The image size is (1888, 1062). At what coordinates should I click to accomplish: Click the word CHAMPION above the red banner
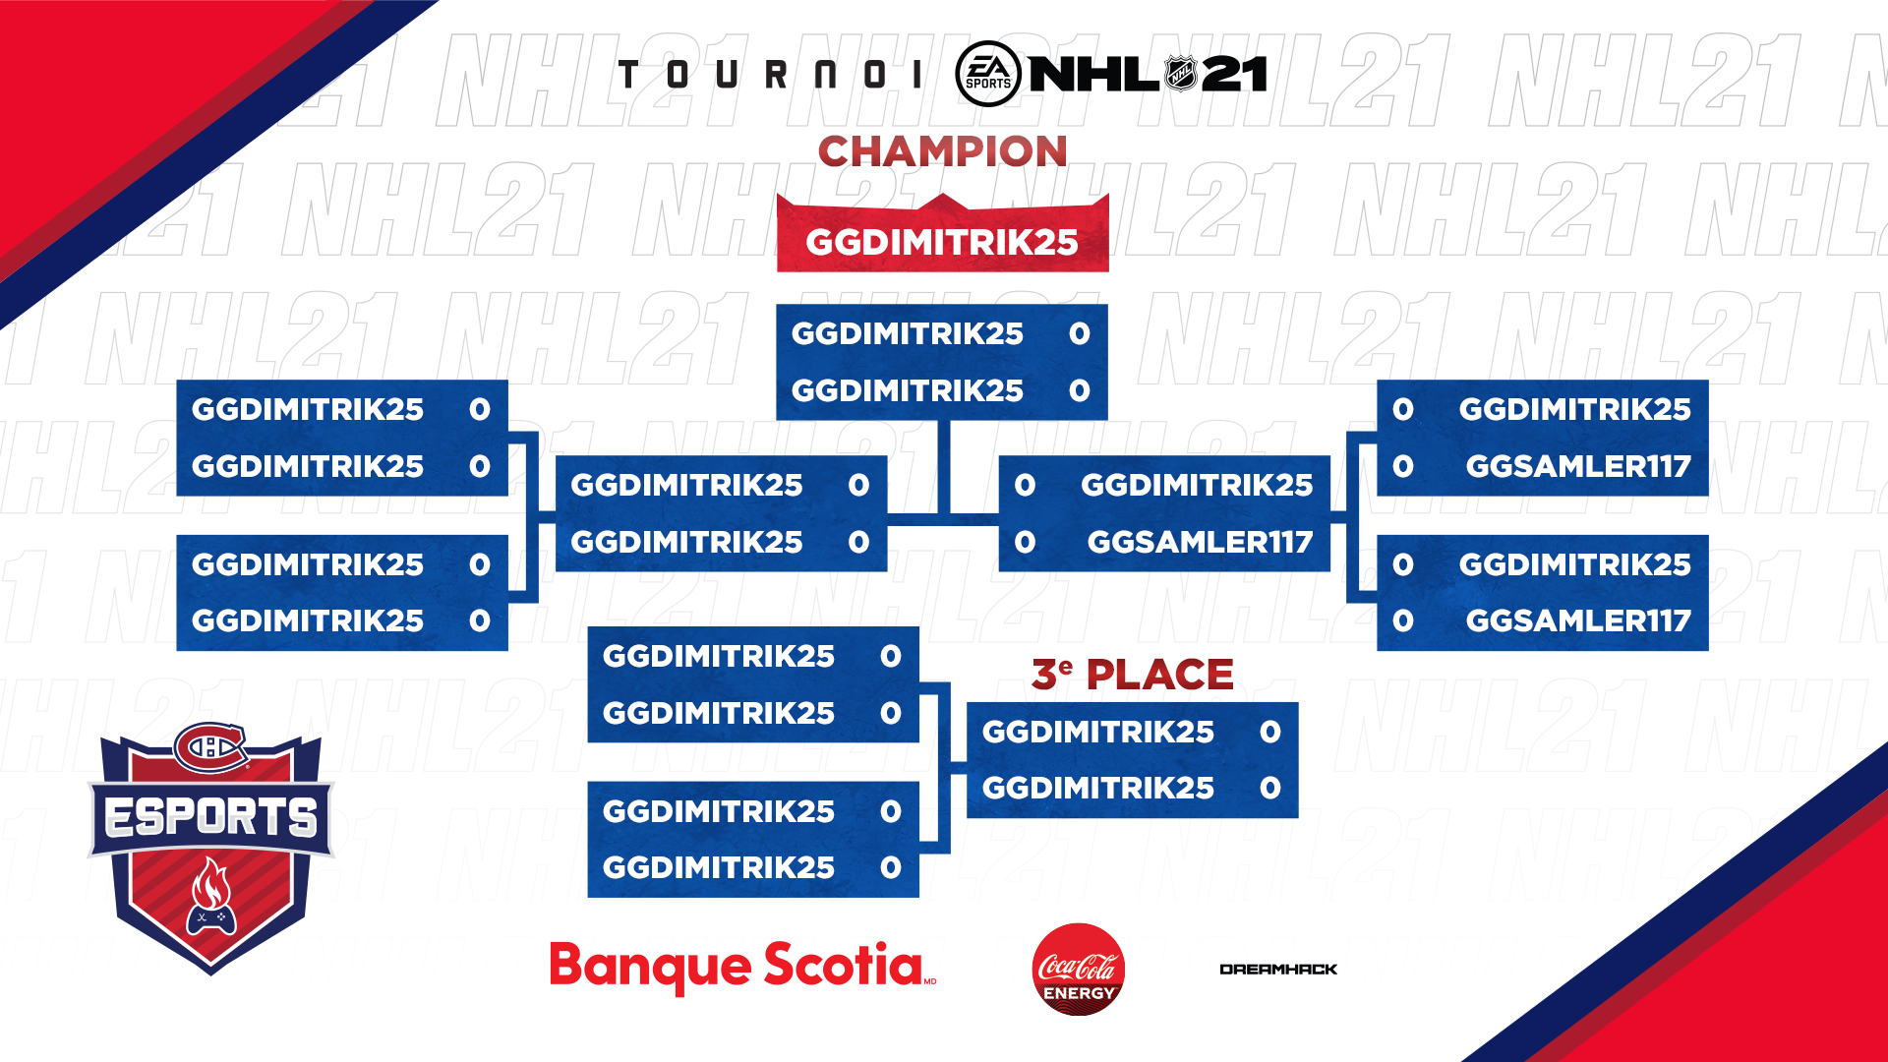point(942,151)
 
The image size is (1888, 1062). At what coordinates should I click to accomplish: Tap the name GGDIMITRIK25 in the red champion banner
point(942,242)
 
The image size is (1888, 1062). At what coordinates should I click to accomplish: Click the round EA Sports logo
point(988,74)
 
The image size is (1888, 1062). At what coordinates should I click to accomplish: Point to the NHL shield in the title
point(1180,73)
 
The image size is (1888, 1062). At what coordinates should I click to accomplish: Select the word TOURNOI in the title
point(770,74)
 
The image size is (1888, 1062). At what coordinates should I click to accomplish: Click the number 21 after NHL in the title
point(1234,74)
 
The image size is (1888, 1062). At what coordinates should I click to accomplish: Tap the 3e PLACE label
point(1132,675)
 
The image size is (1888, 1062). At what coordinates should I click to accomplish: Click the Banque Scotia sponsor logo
point(742,967)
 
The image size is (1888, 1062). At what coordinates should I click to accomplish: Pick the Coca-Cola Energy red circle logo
point(1079,969)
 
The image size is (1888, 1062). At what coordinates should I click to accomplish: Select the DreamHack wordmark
point(1278,970)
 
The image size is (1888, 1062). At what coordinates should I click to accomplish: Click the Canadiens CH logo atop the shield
point(210,748)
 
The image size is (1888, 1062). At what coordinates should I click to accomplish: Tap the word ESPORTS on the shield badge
point(210,817)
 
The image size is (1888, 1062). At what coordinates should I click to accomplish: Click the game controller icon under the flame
point(211,919)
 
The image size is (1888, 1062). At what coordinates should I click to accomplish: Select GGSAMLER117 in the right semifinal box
point(1200,542)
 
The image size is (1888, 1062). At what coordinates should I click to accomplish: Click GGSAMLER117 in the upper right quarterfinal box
point(1578,466)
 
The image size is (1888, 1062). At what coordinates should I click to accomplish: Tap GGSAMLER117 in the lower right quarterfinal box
point(1578,620)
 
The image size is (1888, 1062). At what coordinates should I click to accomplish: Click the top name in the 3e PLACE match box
point(1097,732)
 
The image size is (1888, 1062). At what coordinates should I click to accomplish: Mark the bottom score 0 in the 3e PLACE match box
point(1270,788)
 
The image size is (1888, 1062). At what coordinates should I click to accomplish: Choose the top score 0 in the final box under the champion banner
point(1080,333)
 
